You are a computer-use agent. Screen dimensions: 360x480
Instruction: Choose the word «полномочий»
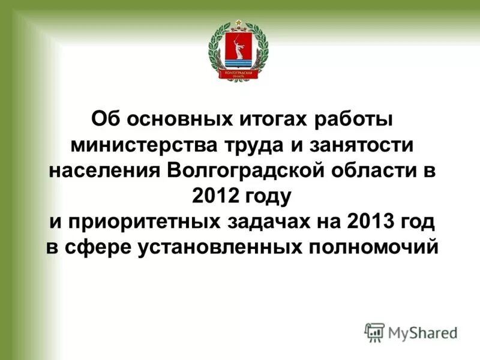(x=370, y=248)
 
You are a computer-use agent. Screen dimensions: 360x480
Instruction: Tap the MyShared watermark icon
(x=374, y=332)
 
